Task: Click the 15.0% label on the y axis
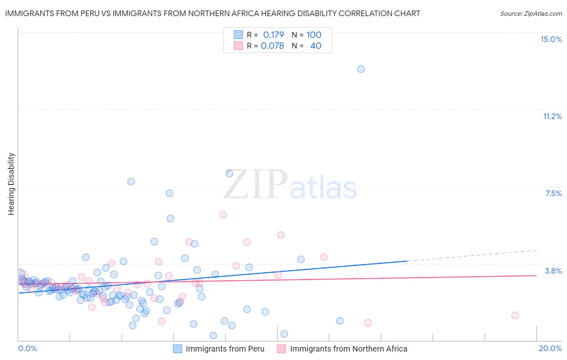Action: [x=551, y=39]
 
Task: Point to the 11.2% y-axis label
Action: [x=552, y=116]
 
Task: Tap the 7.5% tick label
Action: [x=553, y=193]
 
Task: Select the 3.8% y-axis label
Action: [x=553, y=271]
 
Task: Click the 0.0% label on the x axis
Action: [x=27, y=348]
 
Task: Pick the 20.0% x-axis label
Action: [x=550, y=348]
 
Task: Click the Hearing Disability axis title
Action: [x=11, y=184]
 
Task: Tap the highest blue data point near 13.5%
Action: [x=361, y=69]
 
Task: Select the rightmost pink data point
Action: [x=515, y=315]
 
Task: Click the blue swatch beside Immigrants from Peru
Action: [x=177, y=349]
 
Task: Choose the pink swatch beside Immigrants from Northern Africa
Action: [x=281, y=349]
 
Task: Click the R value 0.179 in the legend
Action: [x=273, y=35]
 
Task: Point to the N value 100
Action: [x=314, y=35]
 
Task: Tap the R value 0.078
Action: [x=272, y=46]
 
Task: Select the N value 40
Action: [x=316, y=46]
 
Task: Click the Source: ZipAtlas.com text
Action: [x=531, y=13]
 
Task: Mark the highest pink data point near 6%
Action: [x=223, y=215]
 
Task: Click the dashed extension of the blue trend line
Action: [x=472, y=255]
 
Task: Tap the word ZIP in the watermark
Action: [x=255, y=184]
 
